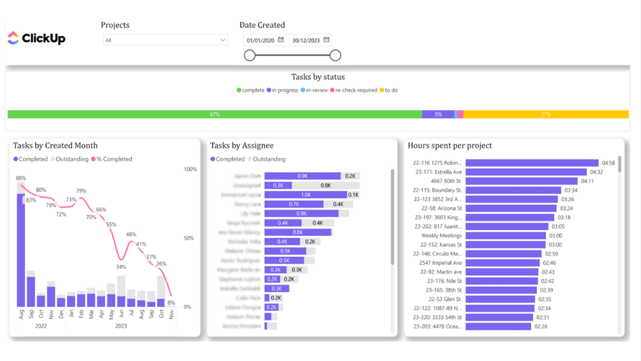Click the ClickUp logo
tap(36, 38)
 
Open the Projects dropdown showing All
tap(164, 40)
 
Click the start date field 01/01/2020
tap(263, 40)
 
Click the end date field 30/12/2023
tap(310, 40)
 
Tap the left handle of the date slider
tap(250, 55)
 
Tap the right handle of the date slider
tap(335, 55)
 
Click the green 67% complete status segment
tap(214, 115)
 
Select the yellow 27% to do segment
tap(545, 115)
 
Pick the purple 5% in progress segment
tap(438, 115)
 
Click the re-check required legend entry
tap(355, 90)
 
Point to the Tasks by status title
tap(318, 77)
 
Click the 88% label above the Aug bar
tap(21, 179)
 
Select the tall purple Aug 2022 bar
tap(21, 250)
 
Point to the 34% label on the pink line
tap(121, 267)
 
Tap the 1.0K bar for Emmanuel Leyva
tap(305, 195)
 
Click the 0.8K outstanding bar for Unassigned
tap(325, 186)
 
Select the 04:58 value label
tap(608, 163)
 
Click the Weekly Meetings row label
tap(441, 235)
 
